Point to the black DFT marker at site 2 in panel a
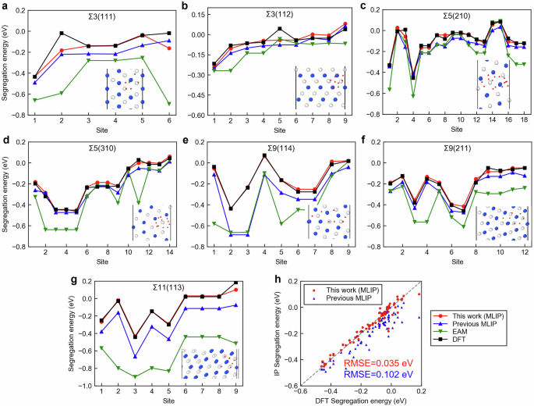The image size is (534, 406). coord(62,33)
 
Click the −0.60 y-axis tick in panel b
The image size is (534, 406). coord(195,115)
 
